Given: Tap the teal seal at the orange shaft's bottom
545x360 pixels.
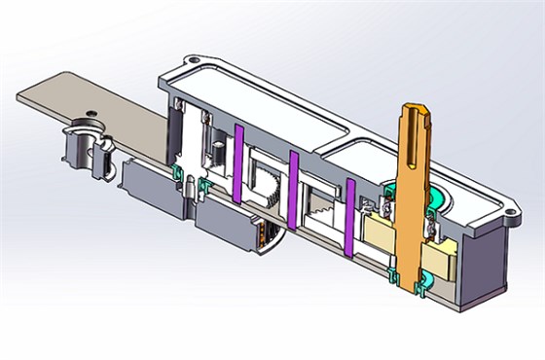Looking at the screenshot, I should (423, 284).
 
